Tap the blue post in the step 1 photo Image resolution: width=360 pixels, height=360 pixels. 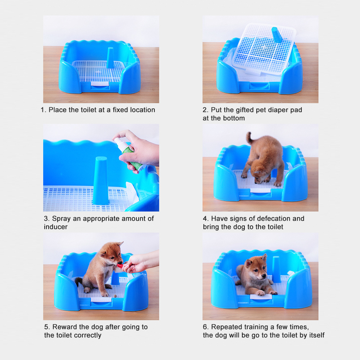click(110, 58)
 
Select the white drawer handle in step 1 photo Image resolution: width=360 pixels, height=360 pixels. click(99, 84)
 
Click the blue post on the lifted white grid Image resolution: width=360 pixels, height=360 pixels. click(277, 35)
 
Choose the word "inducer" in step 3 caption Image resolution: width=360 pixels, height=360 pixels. click(55, 227)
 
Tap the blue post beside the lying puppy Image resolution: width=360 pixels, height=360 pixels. click(276, 269)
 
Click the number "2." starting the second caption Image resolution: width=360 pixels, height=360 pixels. click(205, 110)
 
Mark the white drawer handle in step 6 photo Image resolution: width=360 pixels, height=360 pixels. click(261, 297)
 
